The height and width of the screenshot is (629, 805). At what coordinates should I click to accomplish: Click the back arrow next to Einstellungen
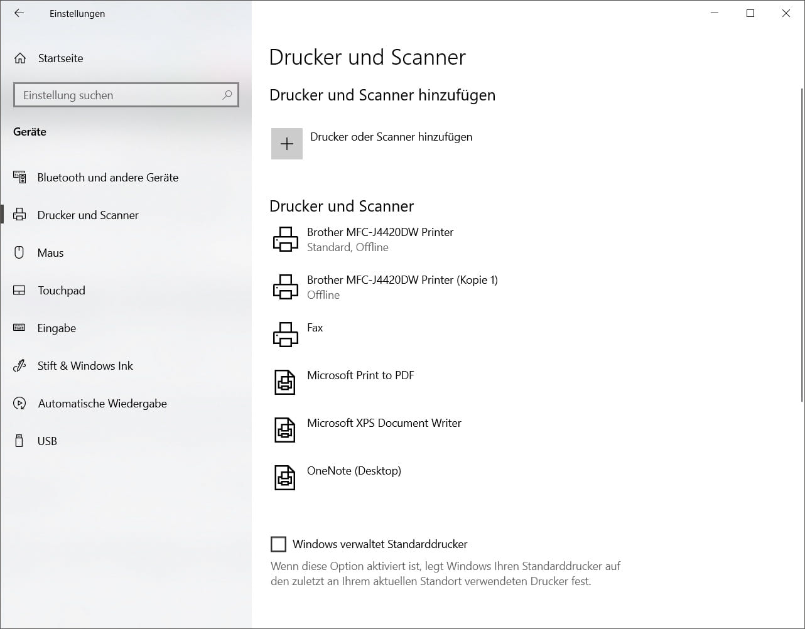19,13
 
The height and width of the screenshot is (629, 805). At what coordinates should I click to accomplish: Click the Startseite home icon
20,58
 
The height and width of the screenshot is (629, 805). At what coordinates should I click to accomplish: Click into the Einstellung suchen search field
116,95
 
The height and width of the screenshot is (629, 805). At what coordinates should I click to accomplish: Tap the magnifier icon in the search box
227,95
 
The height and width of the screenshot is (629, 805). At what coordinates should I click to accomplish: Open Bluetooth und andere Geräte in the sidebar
107,178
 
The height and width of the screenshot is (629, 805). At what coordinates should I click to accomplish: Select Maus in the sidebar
50,253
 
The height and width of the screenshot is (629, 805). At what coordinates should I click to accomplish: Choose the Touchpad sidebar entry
61,291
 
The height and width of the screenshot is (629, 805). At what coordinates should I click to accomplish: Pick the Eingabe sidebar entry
57,328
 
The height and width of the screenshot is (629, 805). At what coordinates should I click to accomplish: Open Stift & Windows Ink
85,366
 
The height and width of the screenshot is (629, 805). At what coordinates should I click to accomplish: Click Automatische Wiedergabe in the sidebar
102,404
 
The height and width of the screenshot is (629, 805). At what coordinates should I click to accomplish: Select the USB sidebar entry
47,441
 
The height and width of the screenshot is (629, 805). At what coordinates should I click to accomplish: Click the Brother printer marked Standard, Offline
380,239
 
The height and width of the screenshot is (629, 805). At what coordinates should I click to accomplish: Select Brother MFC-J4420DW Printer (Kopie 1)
402,286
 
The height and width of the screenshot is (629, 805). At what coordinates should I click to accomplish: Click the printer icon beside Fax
286,334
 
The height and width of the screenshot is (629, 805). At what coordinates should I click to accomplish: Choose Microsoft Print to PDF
360,375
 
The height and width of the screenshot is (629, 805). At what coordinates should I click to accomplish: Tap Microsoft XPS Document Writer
384,423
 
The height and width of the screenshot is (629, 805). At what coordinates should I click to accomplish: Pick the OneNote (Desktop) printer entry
354,471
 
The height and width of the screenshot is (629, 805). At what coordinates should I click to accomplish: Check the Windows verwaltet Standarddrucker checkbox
278,544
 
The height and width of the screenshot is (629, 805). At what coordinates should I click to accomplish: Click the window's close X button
786,13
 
